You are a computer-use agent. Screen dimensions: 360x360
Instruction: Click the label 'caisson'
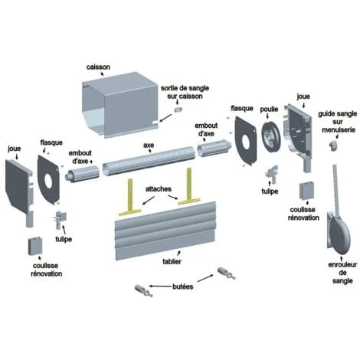tap(98, 67)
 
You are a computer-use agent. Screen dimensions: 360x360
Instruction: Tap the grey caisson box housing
tap(120, 105)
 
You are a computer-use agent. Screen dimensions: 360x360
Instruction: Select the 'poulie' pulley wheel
tap(270, 137)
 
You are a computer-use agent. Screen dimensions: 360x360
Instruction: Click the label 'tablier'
tap(172, 261)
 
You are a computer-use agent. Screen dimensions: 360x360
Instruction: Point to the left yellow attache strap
tap(130, 201)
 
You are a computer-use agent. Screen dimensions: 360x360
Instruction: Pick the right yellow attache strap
tap(189, 189)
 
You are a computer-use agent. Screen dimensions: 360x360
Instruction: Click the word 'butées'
tap(183, 286)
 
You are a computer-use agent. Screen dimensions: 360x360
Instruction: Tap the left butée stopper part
tap(143, 291)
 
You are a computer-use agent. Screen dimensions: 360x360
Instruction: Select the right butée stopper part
tap(226, 273)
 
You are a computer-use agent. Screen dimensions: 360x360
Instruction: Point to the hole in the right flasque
tap(246, 142)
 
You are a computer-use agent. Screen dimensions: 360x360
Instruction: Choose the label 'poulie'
tap(269, 110)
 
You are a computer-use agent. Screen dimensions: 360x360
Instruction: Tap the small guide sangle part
tap(333, 146)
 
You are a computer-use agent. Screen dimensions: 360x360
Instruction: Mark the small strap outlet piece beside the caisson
tap(178, 110)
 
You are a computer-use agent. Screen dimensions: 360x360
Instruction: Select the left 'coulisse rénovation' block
tap(34, 246)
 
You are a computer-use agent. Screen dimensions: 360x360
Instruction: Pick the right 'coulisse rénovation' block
tap(306, 191)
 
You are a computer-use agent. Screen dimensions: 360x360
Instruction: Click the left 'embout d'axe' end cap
tap(82, 174)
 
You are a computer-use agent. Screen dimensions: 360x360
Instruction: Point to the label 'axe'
tap(149, 146)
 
